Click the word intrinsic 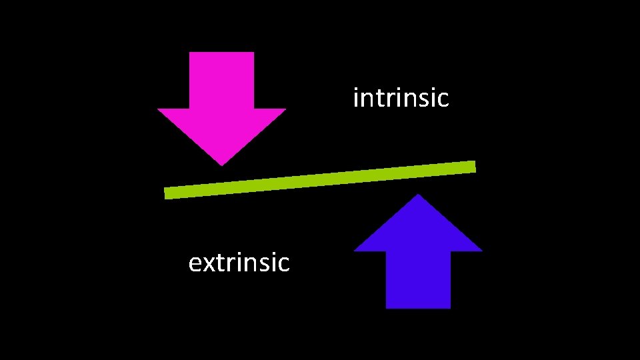401,99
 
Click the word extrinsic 239,263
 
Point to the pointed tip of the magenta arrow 221,163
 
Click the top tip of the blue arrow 418,196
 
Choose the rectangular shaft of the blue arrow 418,280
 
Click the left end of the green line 167,193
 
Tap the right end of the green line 473,167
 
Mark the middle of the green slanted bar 320,180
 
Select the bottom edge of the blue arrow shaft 418,307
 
